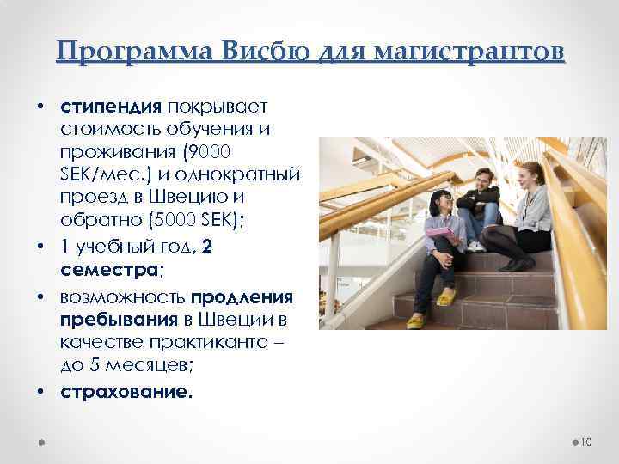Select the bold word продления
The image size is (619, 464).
point(242,297)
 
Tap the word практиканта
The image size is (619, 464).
point(225,342)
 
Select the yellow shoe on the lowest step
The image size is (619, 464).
point(416,321)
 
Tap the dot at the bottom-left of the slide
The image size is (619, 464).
point(42,442)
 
